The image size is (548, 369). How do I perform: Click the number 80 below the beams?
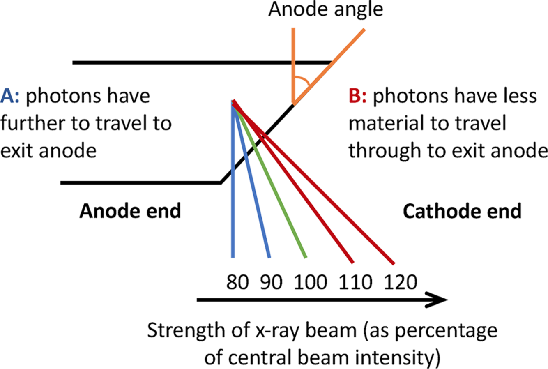tap(238, 282)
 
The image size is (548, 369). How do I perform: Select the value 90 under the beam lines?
tap(272, 282)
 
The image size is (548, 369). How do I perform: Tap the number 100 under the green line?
tap(311, 282)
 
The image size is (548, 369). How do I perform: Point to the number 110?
tap(356, 282)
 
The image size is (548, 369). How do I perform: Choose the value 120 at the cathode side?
tap(401, 282)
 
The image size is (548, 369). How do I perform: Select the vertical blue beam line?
tap(233, 205)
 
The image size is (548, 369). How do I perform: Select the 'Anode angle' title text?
tap(325, 9)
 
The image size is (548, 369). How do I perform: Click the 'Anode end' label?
tap(130, 211)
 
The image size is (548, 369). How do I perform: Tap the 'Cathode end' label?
tap(462, 211)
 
